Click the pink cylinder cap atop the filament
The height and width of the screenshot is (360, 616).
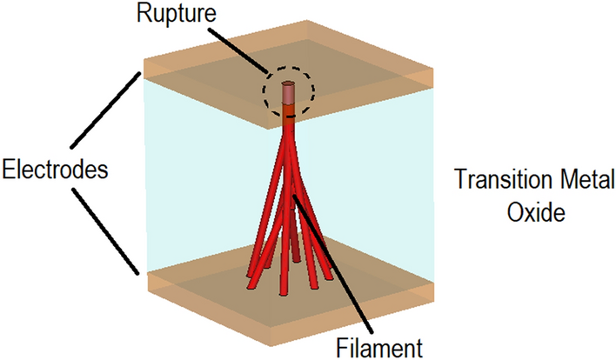pyautogui.click(x=289, y=92)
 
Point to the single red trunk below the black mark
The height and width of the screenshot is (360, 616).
pyautogui.click(x=289, y=130)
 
